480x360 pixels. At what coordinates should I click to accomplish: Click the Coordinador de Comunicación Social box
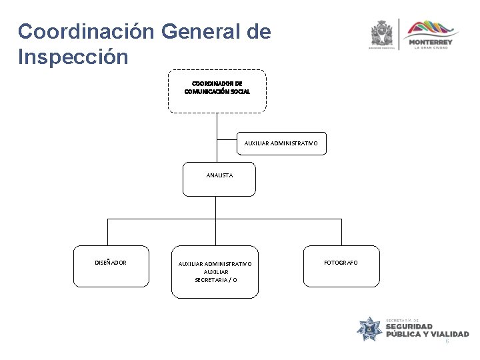(217, 91)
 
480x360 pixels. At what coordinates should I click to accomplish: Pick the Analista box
(219, 179)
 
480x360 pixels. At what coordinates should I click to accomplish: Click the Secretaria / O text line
(215, 280)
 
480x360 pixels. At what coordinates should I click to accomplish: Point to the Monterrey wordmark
(433, 41)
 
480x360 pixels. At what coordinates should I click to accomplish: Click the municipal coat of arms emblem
(383, 33)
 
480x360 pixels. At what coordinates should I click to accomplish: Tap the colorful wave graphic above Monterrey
(433, 28)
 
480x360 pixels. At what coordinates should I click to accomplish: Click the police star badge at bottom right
(369, 328)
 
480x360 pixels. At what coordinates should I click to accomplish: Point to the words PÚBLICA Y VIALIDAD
(427, 334)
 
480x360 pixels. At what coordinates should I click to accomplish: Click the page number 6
(447, 341)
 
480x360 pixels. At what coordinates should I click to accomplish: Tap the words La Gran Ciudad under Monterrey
(433, 47)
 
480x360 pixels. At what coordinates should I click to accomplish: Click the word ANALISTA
(219, 175)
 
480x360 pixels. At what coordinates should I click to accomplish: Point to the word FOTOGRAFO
(341, 263)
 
